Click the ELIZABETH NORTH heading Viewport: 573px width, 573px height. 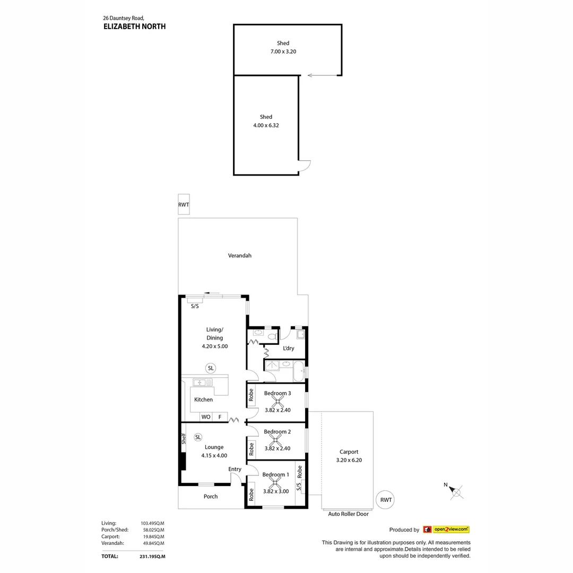click(134, 26)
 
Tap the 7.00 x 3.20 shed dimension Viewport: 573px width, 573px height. click(283, 51)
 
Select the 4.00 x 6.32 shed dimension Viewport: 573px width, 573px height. click(266, 125)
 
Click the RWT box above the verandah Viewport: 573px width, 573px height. click(184, 205)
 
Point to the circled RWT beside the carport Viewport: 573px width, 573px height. click(386, 500)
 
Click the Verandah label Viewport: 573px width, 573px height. click(240, 256)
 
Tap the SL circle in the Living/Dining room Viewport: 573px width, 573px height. click(211, 368)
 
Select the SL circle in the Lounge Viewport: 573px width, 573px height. click(198, 437)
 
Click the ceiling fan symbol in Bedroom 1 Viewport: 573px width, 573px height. click(275, 483)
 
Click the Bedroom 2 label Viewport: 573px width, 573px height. click(277, 432)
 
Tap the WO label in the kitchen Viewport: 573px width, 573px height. click(206, 417)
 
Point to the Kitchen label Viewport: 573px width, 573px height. click(203, 400)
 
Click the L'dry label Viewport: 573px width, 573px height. click(289, 349)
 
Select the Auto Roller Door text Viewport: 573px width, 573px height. click(348, 514)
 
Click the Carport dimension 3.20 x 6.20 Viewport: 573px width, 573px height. click(349, 461)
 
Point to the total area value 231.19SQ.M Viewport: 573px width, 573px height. click(153, 557)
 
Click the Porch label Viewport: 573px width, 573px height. click(211, 497)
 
